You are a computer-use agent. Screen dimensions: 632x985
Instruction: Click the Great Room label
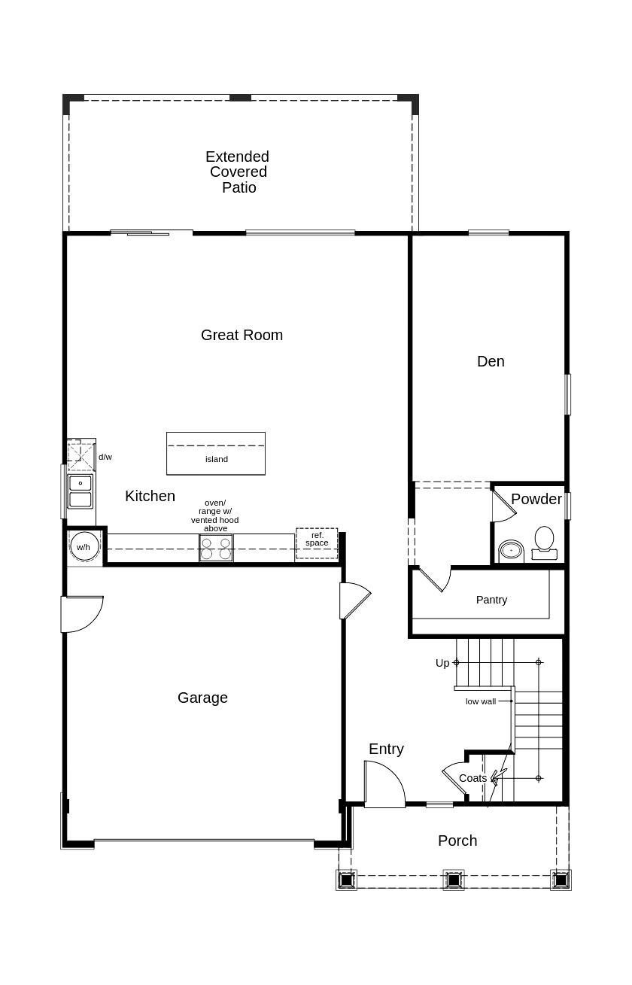pyautogui.click(x=242, y=335)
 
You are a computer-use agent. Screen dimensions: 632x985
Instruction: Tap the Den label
pyautogui.click(x=491, y=361)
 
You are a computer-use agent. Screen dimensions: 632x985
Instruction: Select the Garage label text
pyautogui.click(x=202, y=698)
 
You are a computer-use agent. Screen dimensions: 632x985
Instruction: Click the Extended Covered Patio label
pyautogui.click(x=238, y=172)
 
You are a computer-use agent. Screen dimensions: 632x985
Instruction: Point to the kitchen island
pyautogui.click(x=215, y=453)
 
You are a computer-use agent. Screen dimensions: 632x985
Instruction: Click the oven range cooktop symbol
pyautogui.click(x=216, y=548)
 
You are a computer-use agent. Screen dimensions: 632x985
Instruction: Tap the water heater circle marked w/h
pyautogui.click(x=84, y=546)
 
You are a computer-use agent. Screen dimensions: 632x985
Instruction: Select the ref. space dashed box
pyautogui.click(x=317, y=543)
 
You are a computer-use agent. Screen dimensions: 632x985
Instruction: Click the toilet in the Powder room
pyautogui.click(x=545, y=543)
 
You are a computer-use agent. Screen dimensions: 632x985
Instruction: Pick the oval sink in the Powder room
pyautogui.click(x=511, y=551)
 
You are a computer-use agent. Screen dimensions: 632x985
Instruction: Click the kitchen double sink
pyautogui.click(x=80, y=491)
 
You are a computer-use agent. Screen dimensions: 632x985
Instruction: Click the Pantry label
pyautogui.click(x=491, y=600)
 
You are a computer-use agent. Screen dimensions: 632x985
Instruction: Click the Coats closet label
pyautogui.click(x=472, y=791)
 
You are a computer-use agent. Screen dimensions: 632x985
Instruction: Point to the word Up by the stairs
pyautogui.click(x=442, y=663)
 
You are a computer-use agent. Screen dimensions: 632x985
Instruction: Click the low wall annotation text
pyautogui.click(x=481, y=701)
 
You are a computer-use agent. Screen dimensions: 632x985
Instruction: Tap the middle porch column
pyautogui.click(x=454, y=880)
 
